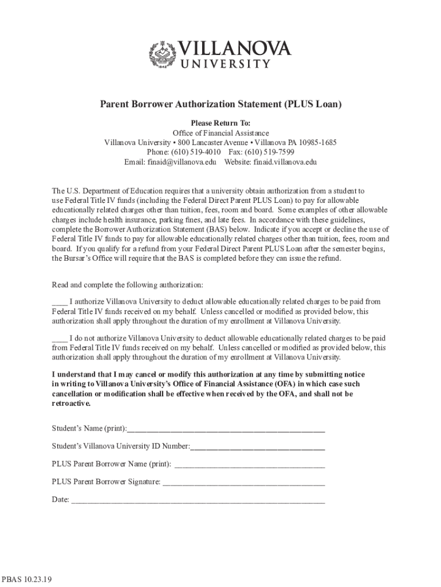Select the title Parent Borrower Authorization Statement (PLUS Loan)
[x=220, y=104]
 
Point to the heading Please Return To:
[x=220, y=123]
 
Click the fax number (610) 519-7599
[x=269, y=152]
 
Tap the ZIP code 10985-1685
[x=317, y=142]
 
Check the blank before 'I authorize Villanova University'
[x=59, y=302]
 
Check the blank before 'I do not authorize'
[x=59, y=338]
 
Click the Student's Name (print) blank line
[x=226, y=429]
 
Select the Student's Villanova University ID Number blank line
[x=257, y=447]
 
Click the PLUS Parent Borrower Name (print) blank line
[x=249, y=464]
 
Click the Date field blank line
[x=198, y=500]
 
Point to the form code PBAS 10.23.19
[x=27, y=580]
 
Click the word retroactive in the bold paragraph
[x=70, y=403]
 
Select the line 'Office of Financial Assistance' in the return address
[x=220, y=133]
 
